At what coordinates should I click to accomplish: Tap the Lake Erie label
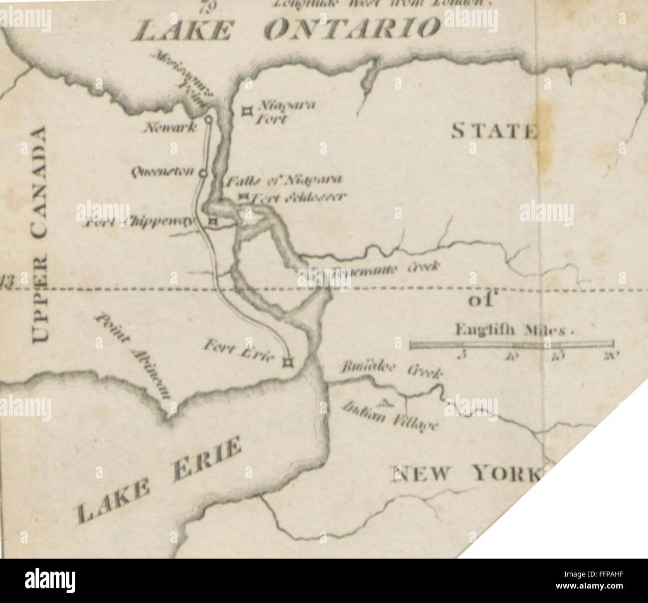(x=160, y=479)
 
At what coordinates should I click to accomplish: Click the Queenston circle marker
(x=202, y=173)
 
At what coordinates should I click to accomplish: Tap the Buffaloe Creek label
(x=391, y=372)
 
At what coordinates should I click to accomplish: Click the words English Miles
(x=513, y=330)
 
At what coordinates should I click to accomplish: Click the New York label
(x=466, y=473)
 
